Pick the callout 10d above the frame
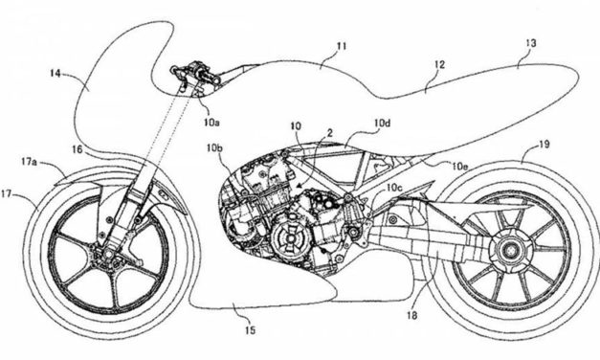(382, 124)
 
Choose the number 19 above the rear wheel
(543, 145)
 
